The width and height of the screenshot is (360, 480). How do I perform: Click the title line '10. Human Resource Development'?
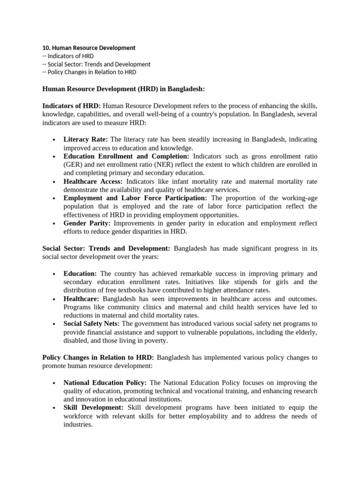[x=89, y=48]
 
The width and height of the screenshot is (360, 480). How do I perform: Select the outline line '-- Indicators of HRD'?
[x=67, y=56]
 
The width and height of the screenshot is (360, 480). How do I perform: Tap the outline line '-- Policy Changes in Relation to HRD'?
[x=89, y=72]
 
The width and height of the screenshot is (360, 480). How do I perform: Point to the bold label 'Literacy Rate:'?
[x=86, y=139]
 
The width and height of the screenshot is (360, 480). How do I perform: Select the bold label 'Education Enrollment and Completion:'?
[x=127, y=156]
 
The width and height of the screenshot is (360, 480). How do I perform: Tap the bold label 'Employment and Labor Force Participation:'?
[x=135, y=198]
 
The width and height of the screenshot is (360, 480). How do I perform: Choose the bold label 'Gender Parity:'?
[x=87, y=223]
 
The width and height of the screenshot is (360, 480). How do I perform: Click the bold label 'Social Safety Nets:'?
[x=92, y=323]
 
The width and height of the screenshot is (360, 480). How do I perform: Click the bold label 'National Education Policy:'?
[x=105, y=382]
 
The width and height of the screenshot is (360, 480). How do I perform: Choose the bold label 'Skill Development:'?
[x=94, y=407]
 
